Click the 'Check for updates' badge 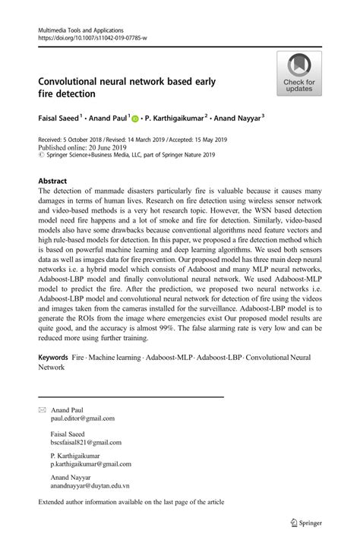[x=299, y=74]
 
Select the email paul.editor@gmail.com [x=83, y=418]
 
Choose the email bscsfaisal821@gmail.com [x=86, y=442]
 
